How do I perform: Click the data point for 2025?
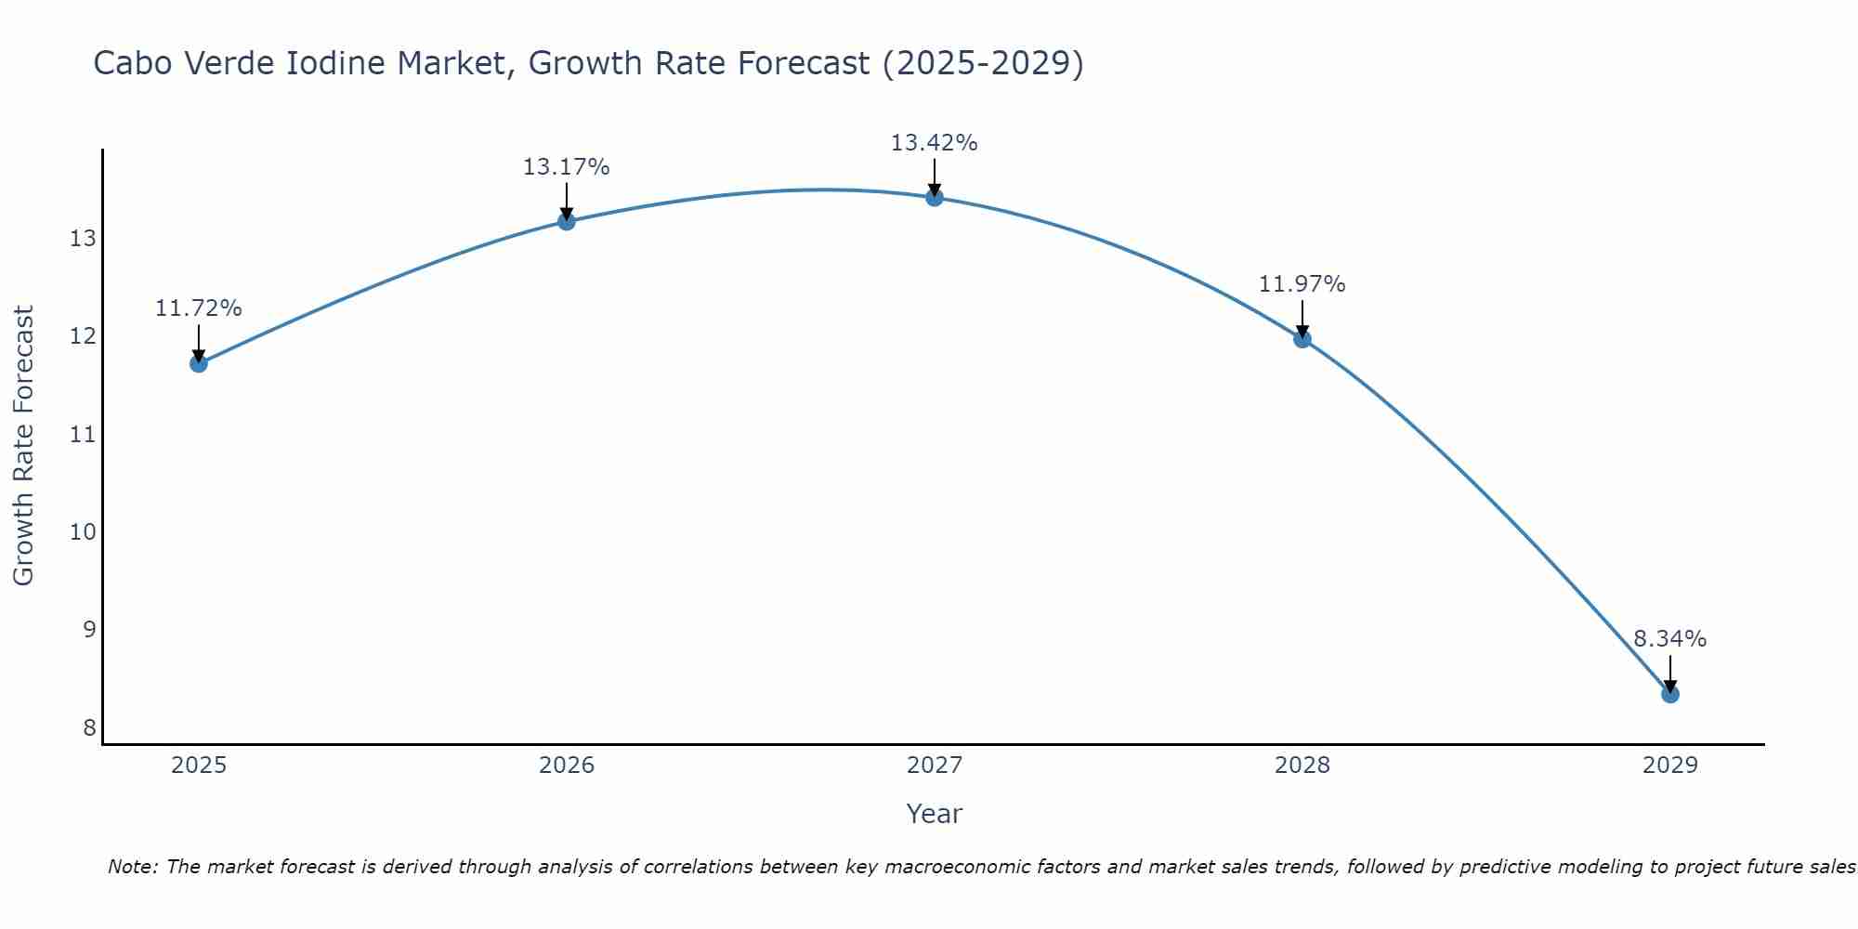[x=199, y=363]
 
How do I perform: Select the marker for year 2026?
[x=567, y=221]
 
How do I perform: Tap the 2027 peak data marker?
[x=935, y=197]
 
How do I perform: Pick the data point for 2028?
[x=1302, y=339]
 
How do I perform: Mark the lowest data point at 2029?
[x=1670, y=694]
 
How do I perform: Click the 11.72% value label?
[x=199, y=308]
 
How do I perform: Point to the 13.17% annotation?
[x=567, y=167]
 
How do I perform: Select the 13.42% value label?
[x=935, y=143]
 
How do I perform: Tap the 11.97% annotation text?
[x=1302, y=284]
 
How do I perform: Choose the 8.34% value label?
[x=1670, y=639]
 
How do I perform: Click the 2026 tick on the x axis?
[x=567, y=765]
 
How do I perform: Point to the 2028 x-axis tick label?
[x=1302, y=765]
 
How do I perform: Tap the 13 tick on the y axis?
[x=83, y=239]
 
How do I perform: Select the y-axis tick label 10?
[x=83, y=532]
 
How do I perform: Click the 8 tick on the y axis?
[x=89, y=727]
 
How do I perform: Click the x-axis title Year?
[x=935, y=814]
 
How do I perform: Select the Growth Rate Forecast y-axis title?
[x=23, y=446]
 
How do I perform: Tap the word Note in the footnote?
[x=133, y=868]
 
